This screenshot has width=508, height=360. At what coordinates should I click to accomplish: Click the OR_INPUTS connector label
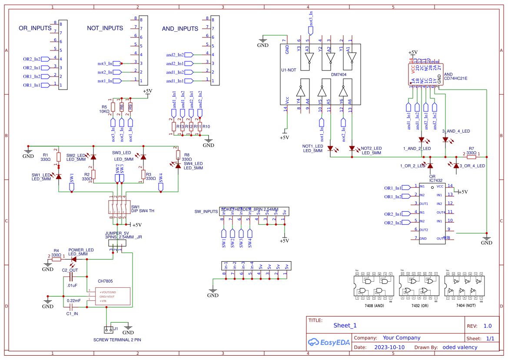pyautogui.click(x=35, y=28)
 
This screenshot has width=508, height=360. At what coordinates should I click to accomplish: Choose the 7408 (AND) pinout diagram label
pyautogui.click(x=374, y=306)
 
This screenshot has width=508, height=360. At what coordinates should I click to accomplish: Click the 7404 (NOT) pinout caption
pyautogui.click(x=466, y=306)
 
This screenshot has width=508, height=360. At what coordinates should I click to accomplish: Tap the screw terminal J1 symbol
pyautogui.click(x=108, y=329)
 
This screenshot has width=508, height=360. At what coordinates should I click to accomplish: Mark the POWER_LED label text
pyautogui.click(x=81, y=250)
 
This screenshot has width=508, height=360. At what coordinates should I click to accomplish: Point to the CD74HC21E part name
pyautogui.click(x=455, y=79)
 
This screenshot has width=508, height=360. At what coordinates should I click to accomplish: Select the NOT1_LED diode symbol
pyautogui.click(x=330, y=148)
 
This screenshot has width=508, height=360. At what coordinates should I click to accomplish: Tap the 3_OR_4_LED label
pyautogui.click(x=472, y=166)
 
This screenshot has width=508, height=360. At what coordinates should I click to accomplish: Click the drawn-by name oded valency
pyautogui.click(x=460, y=347)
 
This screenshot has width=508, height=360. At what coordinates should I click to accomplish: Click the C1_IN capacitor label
pyautogui.click(x=72, y=313)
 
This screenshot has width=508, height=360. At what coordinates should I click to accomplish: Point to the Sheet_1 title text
pyautogui.click(x=345, y=325)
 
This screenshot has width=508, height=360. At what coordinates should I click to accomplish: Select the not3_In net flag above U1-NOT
pyautogui.click(x=310, y=30)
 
